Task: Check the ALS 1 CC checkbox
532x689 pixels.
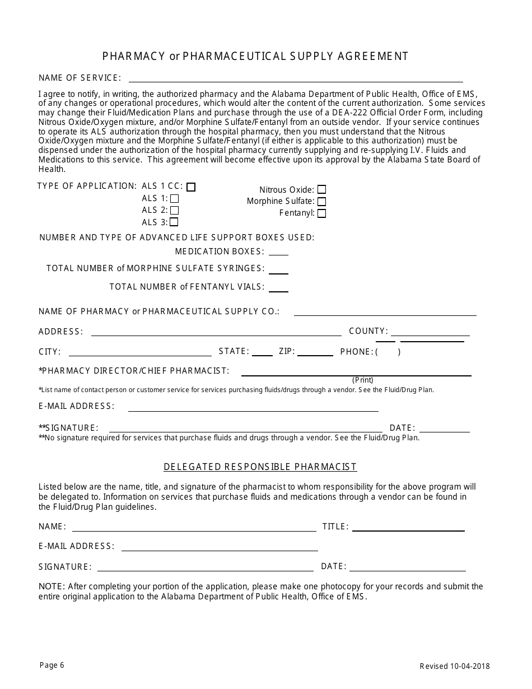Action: (x=191, y=187)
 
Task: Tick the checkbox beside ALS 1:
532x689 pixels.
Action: (x=174, y=198)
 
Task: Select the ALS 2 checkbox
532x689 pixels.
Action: (x=174, y=211)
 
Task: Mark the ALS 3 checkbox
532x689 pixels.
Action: (x=174, y=222)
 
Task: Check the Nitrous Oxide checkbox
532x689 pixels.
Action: (x=321, y=190)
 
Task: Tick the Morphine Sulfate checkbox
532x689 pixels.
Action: (x=321, y=202)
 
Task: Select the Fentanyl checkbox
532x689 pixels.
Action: (x=321, y=213)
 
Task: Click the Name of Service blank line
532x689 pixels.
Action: (x=296, y=80)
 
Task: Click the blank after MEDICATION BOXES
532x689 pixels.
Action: (x=278, y=253)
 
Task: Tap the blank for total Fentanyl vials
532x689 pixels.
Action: (x=278, y=290)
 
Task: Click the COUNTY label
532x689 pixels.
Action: (x=368, y=331)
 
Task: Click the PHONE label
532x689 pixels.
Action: (x=356, y=352)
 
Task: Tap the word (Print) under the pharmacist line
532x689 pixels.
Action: (x=363, y=380)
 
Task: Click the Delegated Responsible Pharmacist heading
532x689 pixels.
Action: (x=260, y=467)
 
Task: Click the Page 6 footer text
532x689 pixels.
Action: (x=52, y=665)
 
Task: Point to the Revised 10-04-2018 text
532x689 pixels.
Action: (x=455, y=666)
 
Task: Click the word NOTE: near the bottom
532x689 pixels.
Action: (x=52, y=586)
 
